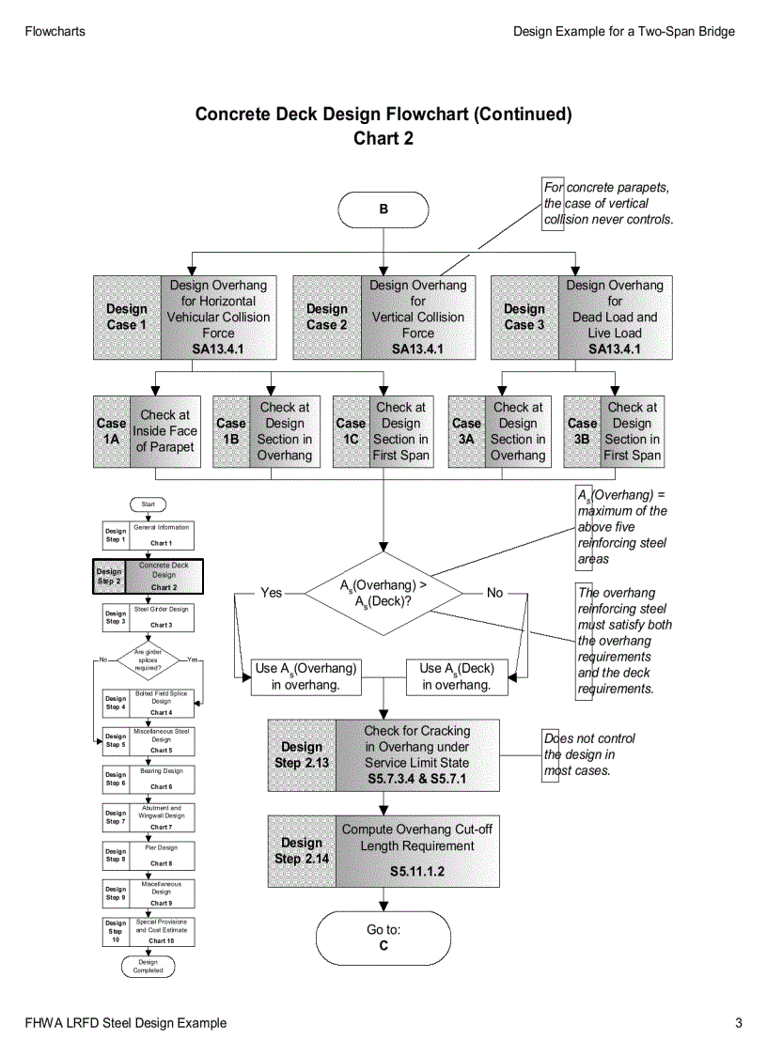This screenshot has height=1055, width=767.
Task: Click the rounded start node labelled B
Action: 383,209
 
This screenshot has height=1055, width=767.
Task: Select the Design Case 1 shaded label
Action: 127,317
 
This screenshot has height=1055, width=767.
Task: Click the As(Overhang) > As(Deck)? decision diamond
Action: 383,594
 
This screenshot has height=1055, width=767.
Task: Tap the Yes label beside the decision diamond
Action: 271,594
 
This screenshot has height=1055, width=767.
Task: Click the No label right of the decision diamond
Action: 495,594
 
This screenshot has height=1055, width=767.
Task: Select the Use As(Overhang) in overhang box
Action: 305,676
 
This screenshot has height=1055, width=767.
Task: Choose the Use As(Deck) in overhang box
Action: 457,676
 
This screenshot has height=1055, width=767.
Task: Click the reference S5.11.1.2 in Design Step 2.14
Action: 416,872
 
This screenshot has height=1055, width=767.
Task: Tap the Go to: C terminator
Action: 383,938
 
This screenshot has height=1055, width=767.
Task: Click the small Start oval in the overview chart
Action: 149,504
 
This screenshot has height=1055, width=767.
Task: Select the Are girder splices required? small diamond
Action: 149,659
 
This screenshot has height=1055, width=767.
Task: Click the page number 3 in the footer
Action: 739,1023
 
